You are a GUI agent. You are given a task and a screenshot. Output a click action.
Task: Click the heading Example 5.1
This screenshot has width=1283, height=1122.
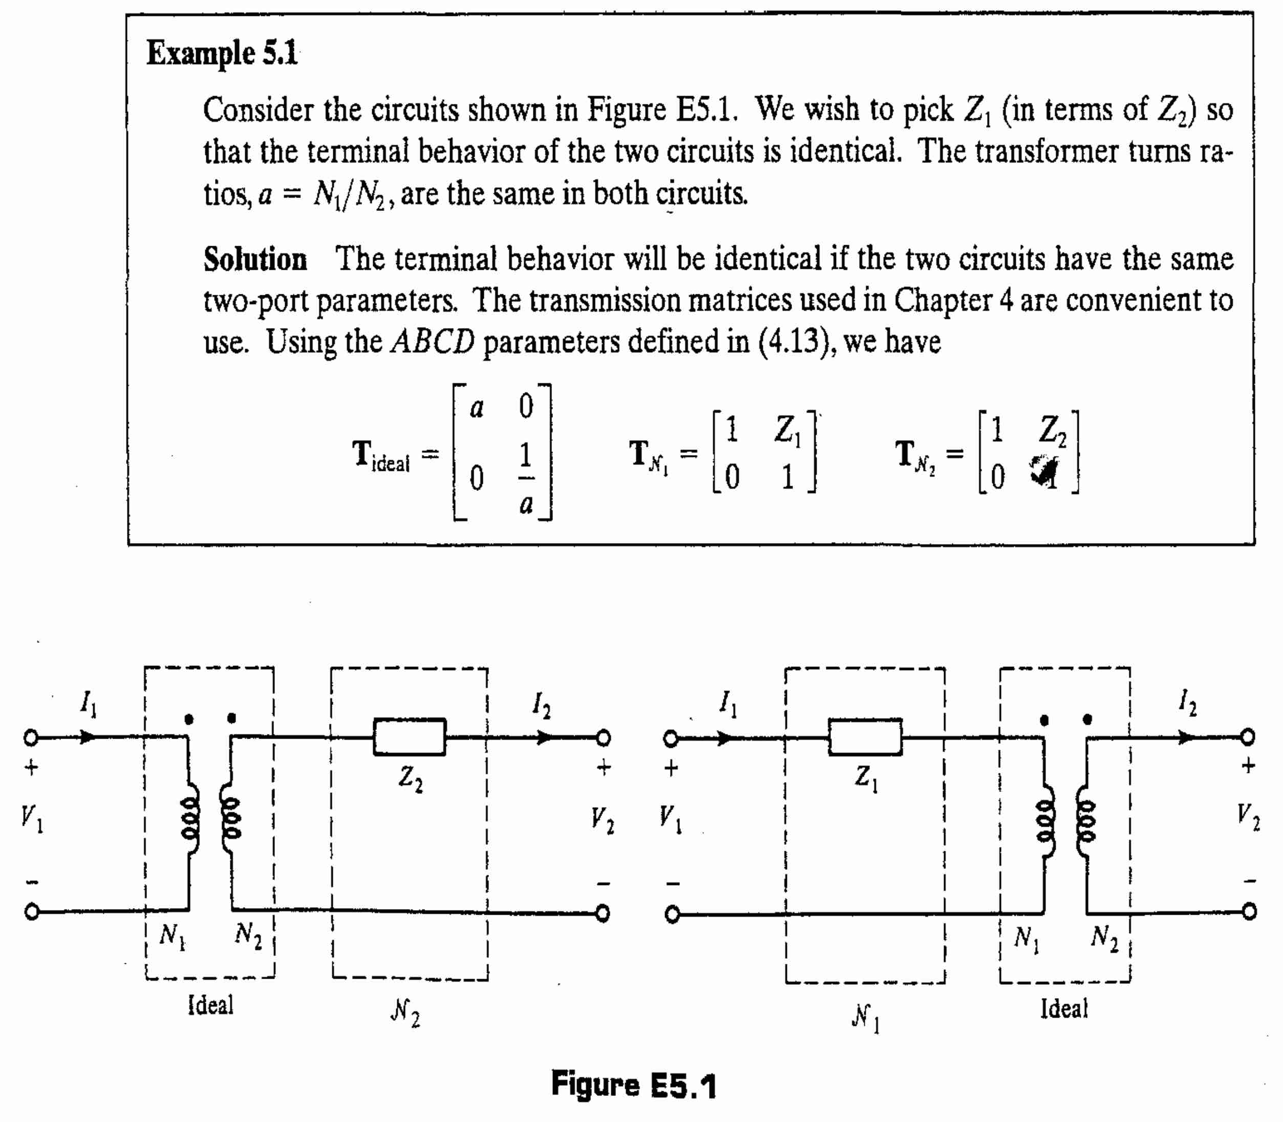click(222, 53)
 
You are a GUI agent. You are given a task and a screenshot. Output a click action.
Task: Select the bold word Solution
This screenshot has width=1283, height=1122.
click(255, 259)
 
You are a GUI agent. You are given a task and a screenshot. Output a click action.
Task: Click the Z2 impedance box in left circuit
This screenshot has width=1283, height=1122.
click(410, 737)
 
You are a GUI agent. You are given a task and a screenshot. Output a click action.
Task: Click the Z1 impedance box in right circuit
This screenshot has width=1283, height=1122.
click(865, 737)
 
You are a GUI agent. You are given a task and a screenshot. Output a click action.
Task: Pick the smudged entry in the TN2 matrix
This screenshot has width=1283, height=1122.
click(1044, 471)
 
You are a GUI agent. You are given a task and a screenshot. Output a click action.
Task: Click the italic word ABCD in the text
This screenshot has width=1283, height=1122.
click(432, 342)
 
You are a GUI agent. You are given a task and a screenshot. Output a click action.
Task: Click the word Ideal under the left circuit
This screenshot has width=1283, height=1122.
click(210, 1005)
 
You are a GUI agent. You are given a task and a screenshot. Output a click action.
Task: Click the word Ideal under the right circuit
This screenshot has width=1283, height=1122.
click(1064, 1009)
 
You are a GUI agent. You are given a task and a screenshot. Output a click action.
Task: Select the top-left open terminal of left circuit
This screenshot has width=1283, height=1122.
click(31, 738)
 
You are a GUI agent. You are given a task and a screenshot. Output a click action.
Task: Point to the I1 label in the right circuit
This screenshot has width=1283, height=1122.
click(728, 704)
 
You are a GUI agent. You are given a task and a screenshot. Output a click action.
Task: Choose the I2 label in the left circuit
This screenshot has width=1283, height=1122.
click(541, 706)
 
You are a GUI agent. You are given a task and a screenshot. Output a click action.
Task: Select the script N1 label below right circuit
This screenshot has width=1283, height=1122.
click(865, 1018)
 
